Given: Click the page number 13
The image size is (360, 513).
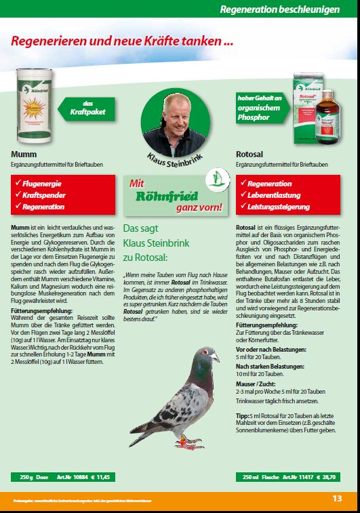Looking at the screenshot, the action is coord(337,499).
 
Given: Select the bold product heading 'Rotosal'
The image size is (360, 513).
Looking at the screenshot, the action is coord(249,154).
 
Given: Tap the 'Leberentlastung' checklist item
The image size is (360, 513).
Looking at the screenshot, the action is coord(277,195).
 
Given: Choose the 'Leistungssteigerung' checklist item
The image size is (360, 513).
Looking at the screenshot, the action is coord(281,207).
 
